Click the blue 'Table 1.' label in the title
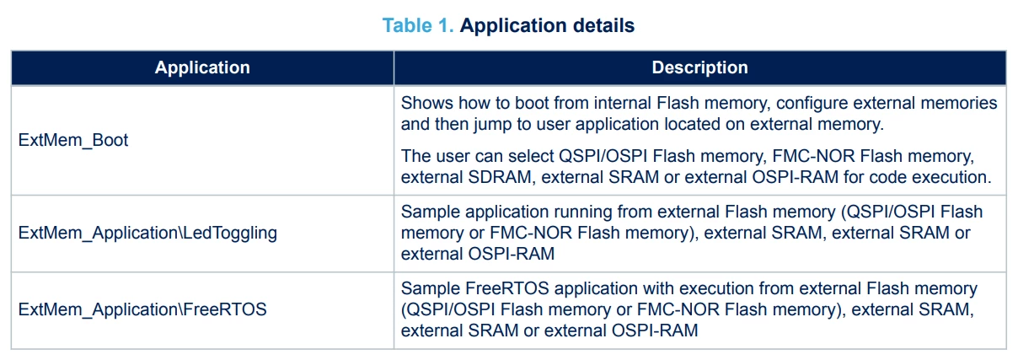coord(418,25)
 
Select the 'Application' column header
coord(202,67)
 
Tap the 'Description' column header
coord(699,67)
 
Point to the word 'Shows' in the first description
coord(426,103)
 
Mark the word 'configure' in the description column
coord(812,104)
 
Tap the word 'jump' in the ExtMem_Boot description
coord(493,125)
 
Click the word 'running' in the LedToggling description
coord(582,212)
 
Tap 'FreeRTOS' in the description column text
coord(506,288)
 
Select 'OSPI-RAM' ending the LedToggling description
coord(512,254)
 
